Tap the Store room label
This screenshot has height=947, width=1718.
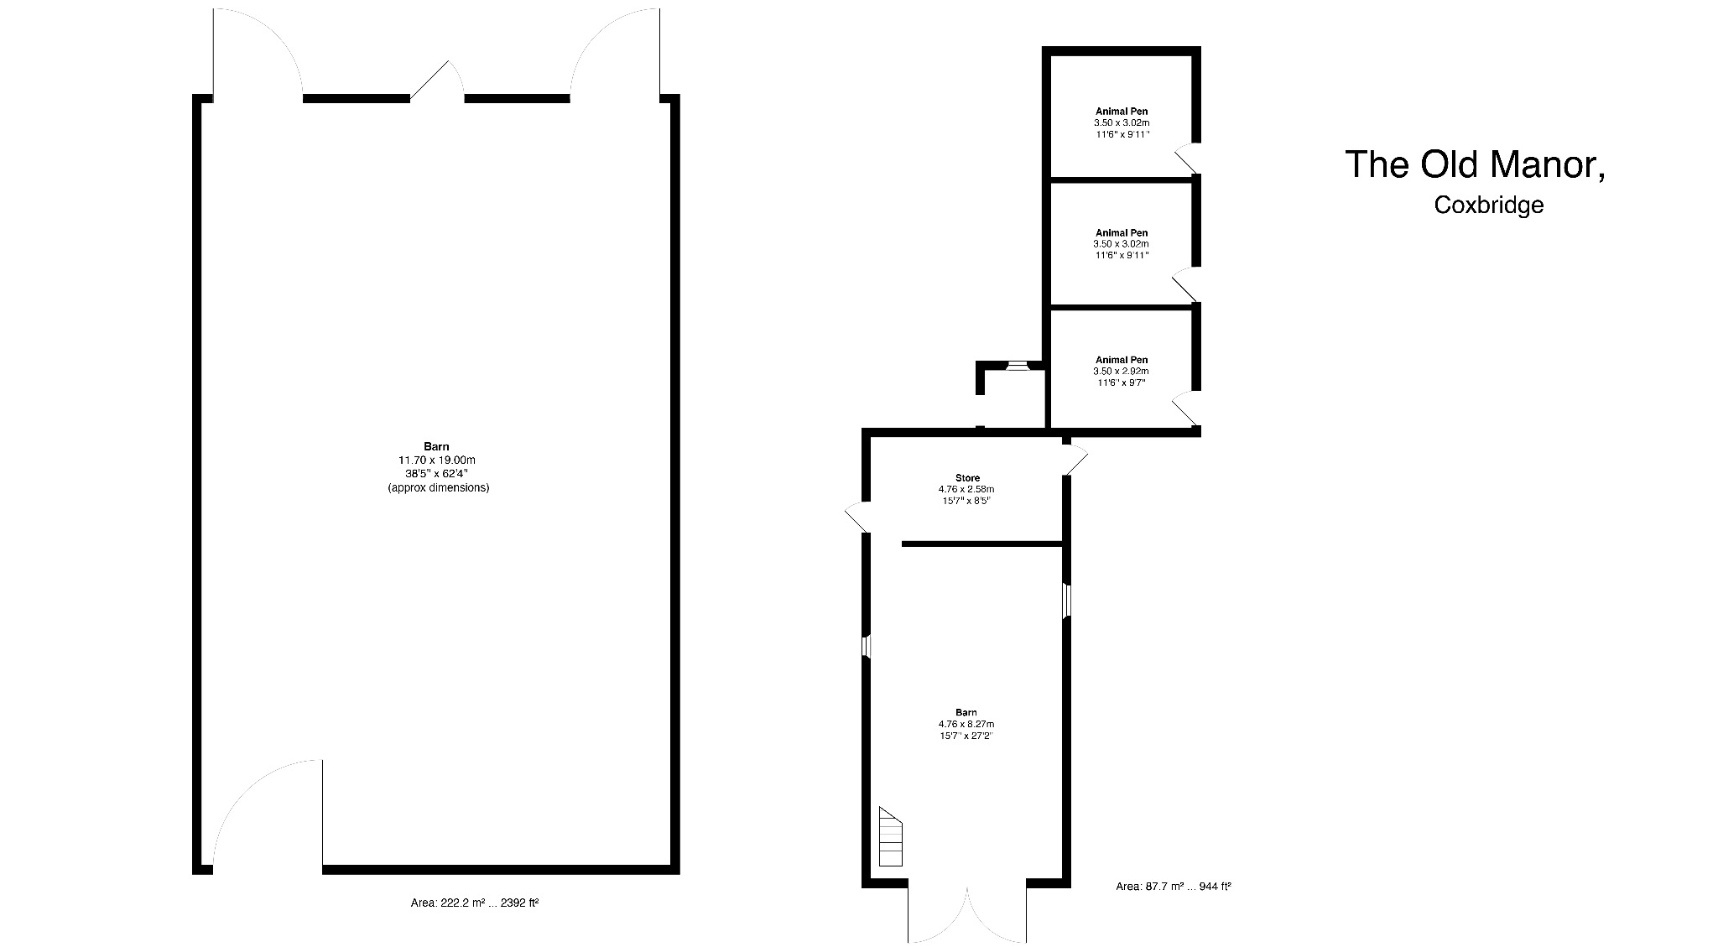[x=967, y=478]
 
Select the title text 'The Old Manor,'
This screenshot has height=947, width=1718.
[x=1476, y=164]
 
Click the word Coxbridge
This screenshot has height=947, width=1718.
[x=1489, y=205]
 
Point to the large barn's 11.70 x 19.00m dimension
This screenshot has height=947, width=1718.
[x=437, y=460]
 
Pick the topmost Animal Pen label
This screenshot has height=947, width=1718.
[x=1122, y=111]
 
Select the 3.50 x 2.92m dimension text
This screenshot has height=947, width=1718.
[x=1121, y=371]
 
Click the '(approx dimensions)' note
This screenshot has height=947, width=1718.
[x=438, y=487]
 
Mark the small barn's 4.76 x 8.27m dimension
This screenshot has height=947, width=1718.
[x=966, y=724]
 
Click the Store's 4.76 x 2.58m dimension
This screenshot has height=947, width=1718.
[x=966, y=489]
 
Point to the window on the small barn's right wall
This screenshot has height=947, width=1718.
[x=1067, y=601]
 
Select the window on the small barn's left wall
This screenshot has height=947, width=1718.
[x=867, y=646]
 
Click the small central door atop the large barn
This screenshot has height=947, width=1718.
[x=437, y=81]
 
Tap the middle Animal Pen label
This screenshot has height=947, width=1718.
[x=1122, y=232]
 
